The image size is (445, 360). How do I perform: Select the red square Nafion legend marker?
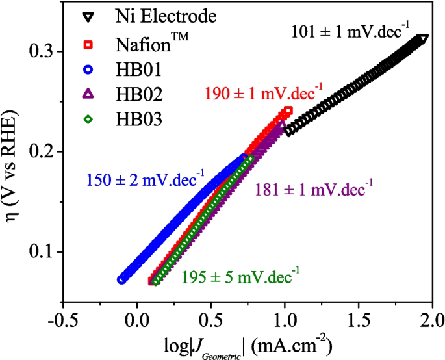91,45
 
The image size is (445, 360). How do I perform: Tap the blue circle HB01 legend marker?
91,70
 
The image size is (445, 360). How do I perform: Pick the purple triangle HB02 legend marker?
91,95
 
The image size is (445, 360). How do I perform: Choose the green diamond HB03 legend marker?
91,120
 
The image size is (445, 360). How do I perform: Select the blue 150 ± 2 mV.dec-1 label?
143,177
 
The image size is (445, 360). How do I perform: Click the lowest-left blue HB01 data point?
121,279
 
